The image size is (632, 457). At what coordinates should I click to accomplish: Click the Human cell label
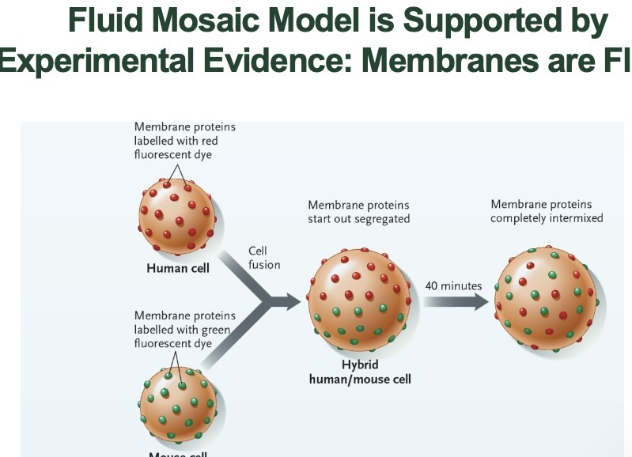click(x=178, y=268)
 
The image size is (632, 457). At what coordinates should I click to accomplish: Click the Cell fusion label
click(x=264, y=258)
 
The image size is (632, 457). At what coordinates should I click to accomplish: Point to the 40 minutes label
click(x=453, y=285)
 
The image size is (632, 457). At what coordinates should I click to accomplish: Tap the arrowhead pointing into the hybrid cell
click(x=293, y=300)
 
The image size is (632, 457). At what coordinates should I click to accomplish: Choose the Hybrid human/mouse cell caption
click(x=360, y=372)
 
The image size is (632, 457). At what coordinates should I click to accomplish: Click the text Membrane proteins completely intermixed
click(x=547, y=211)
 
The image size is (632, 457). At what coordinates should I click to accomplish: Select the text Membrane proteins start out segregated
click(x=359, y=212)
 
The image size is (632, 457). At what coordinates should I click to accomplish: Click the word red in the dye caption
click(x=207, y=141)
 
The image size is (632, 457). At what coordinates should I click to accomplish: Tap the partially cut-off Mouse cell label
click(x=178, y=453)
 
